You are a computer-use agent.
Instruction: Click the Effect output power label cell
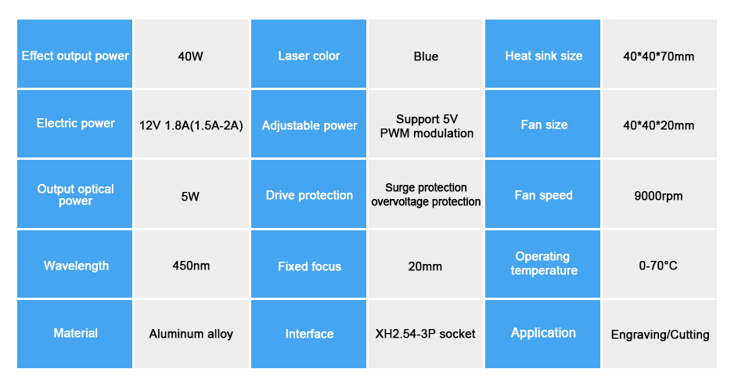coord(74,54)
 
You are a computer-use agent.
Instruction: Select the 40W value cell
coord(191,54)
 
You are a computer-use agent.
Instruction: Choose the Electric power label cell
coord(74,124)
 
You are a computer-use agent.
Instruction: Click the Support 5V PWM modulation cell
coord(426,124)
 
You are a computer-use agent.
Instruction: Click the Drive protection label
coord(308,194)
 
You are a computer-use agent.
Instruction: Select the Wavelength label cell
coord(74,264)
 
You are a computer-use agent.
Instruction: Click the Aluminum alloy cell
coord(191,334)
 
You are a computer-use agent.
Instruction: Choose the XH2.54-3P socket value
coord(426,334)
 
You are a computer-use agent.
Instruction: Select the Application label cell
coord(542,334)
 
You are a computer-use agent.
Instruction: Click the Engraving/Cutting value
coord(659,334)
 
